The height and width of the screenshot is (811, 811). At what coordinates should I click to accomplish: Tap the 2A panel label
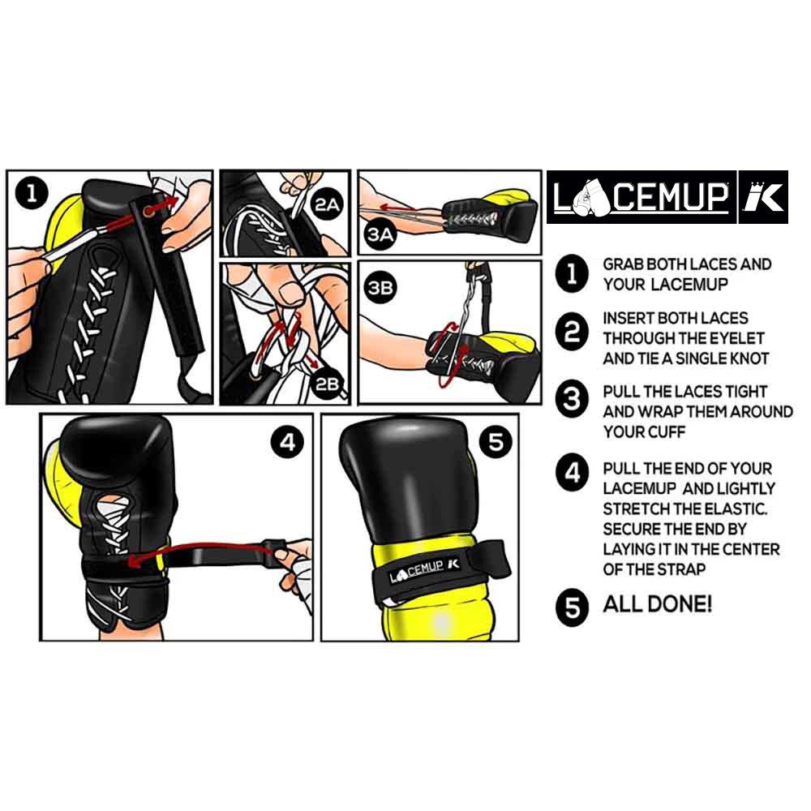click(327, 206)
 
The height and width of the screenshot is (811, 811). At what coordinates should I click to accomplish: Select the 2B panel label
click(327, 384)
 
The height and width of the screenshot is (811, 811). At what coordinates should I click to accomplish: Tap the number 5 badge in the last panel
click(496, 442)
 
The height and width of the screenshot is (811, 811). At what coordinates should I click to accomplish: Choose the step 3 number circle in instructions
click(573, 399)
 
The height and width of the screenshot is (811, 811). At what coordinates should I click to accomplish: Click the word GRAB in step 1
click(624, 264)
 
